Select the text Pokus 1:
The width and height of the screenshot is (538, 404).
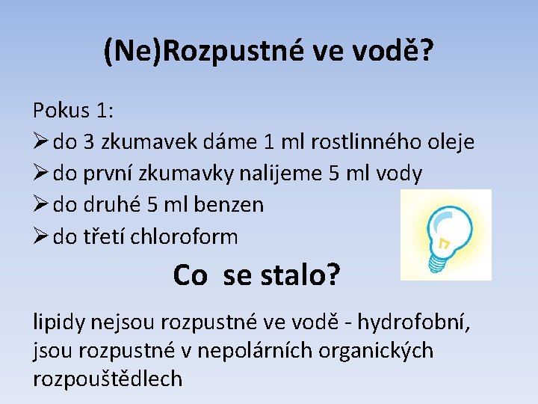tap(73, 111)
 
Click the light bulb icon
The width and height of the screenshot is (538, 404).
tap(445, 234)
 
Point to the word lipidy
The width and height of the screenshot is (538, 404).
tap(60, 322)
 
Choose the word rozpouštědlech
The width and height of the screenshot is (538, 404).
tap(108, 379)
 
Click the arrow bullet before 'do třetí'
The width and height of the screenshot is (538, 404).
tap(40, 236)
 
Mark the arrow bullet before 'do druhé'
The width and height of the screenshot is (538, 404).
tap(40, 204)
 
